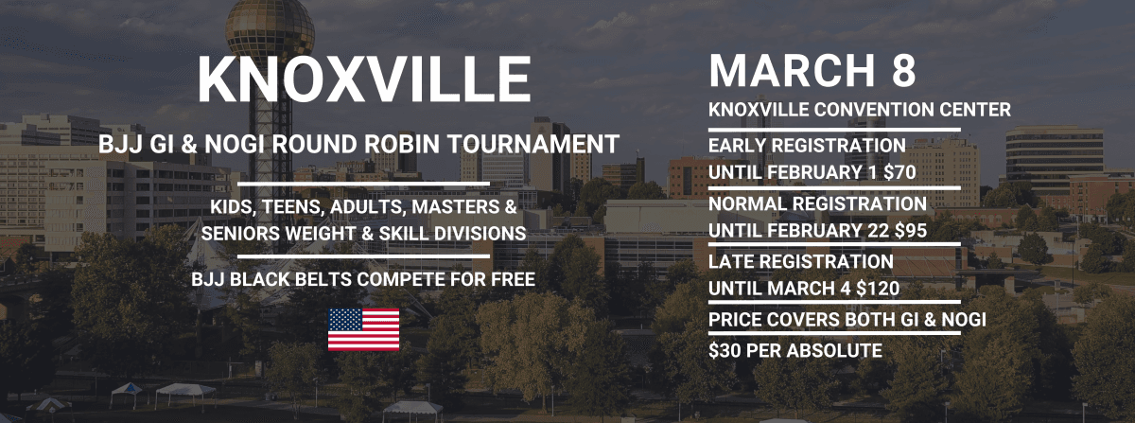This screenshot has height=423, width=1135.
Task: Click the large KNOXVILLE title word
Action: coord(363,79)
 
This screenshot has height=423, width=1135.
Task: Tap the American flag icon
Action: coord(363,329)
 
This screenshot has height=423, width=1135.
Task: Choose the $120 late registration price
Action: coord(879,288)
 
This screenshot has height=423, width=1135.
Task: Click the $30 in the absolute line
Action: coord(727,350)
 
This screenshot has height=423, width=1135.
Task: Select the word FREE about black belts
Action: coord(515,280)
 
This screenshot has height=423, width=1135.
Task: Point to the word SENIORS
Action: coord(242,231)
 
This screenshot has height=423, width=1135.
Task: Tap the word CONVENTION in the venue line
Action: coord(887,110)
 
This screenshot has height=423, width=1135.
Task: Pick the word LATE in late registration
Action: coord(731,261)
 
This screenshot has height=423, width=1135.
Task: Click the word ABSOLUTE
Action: coord(835,350)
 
